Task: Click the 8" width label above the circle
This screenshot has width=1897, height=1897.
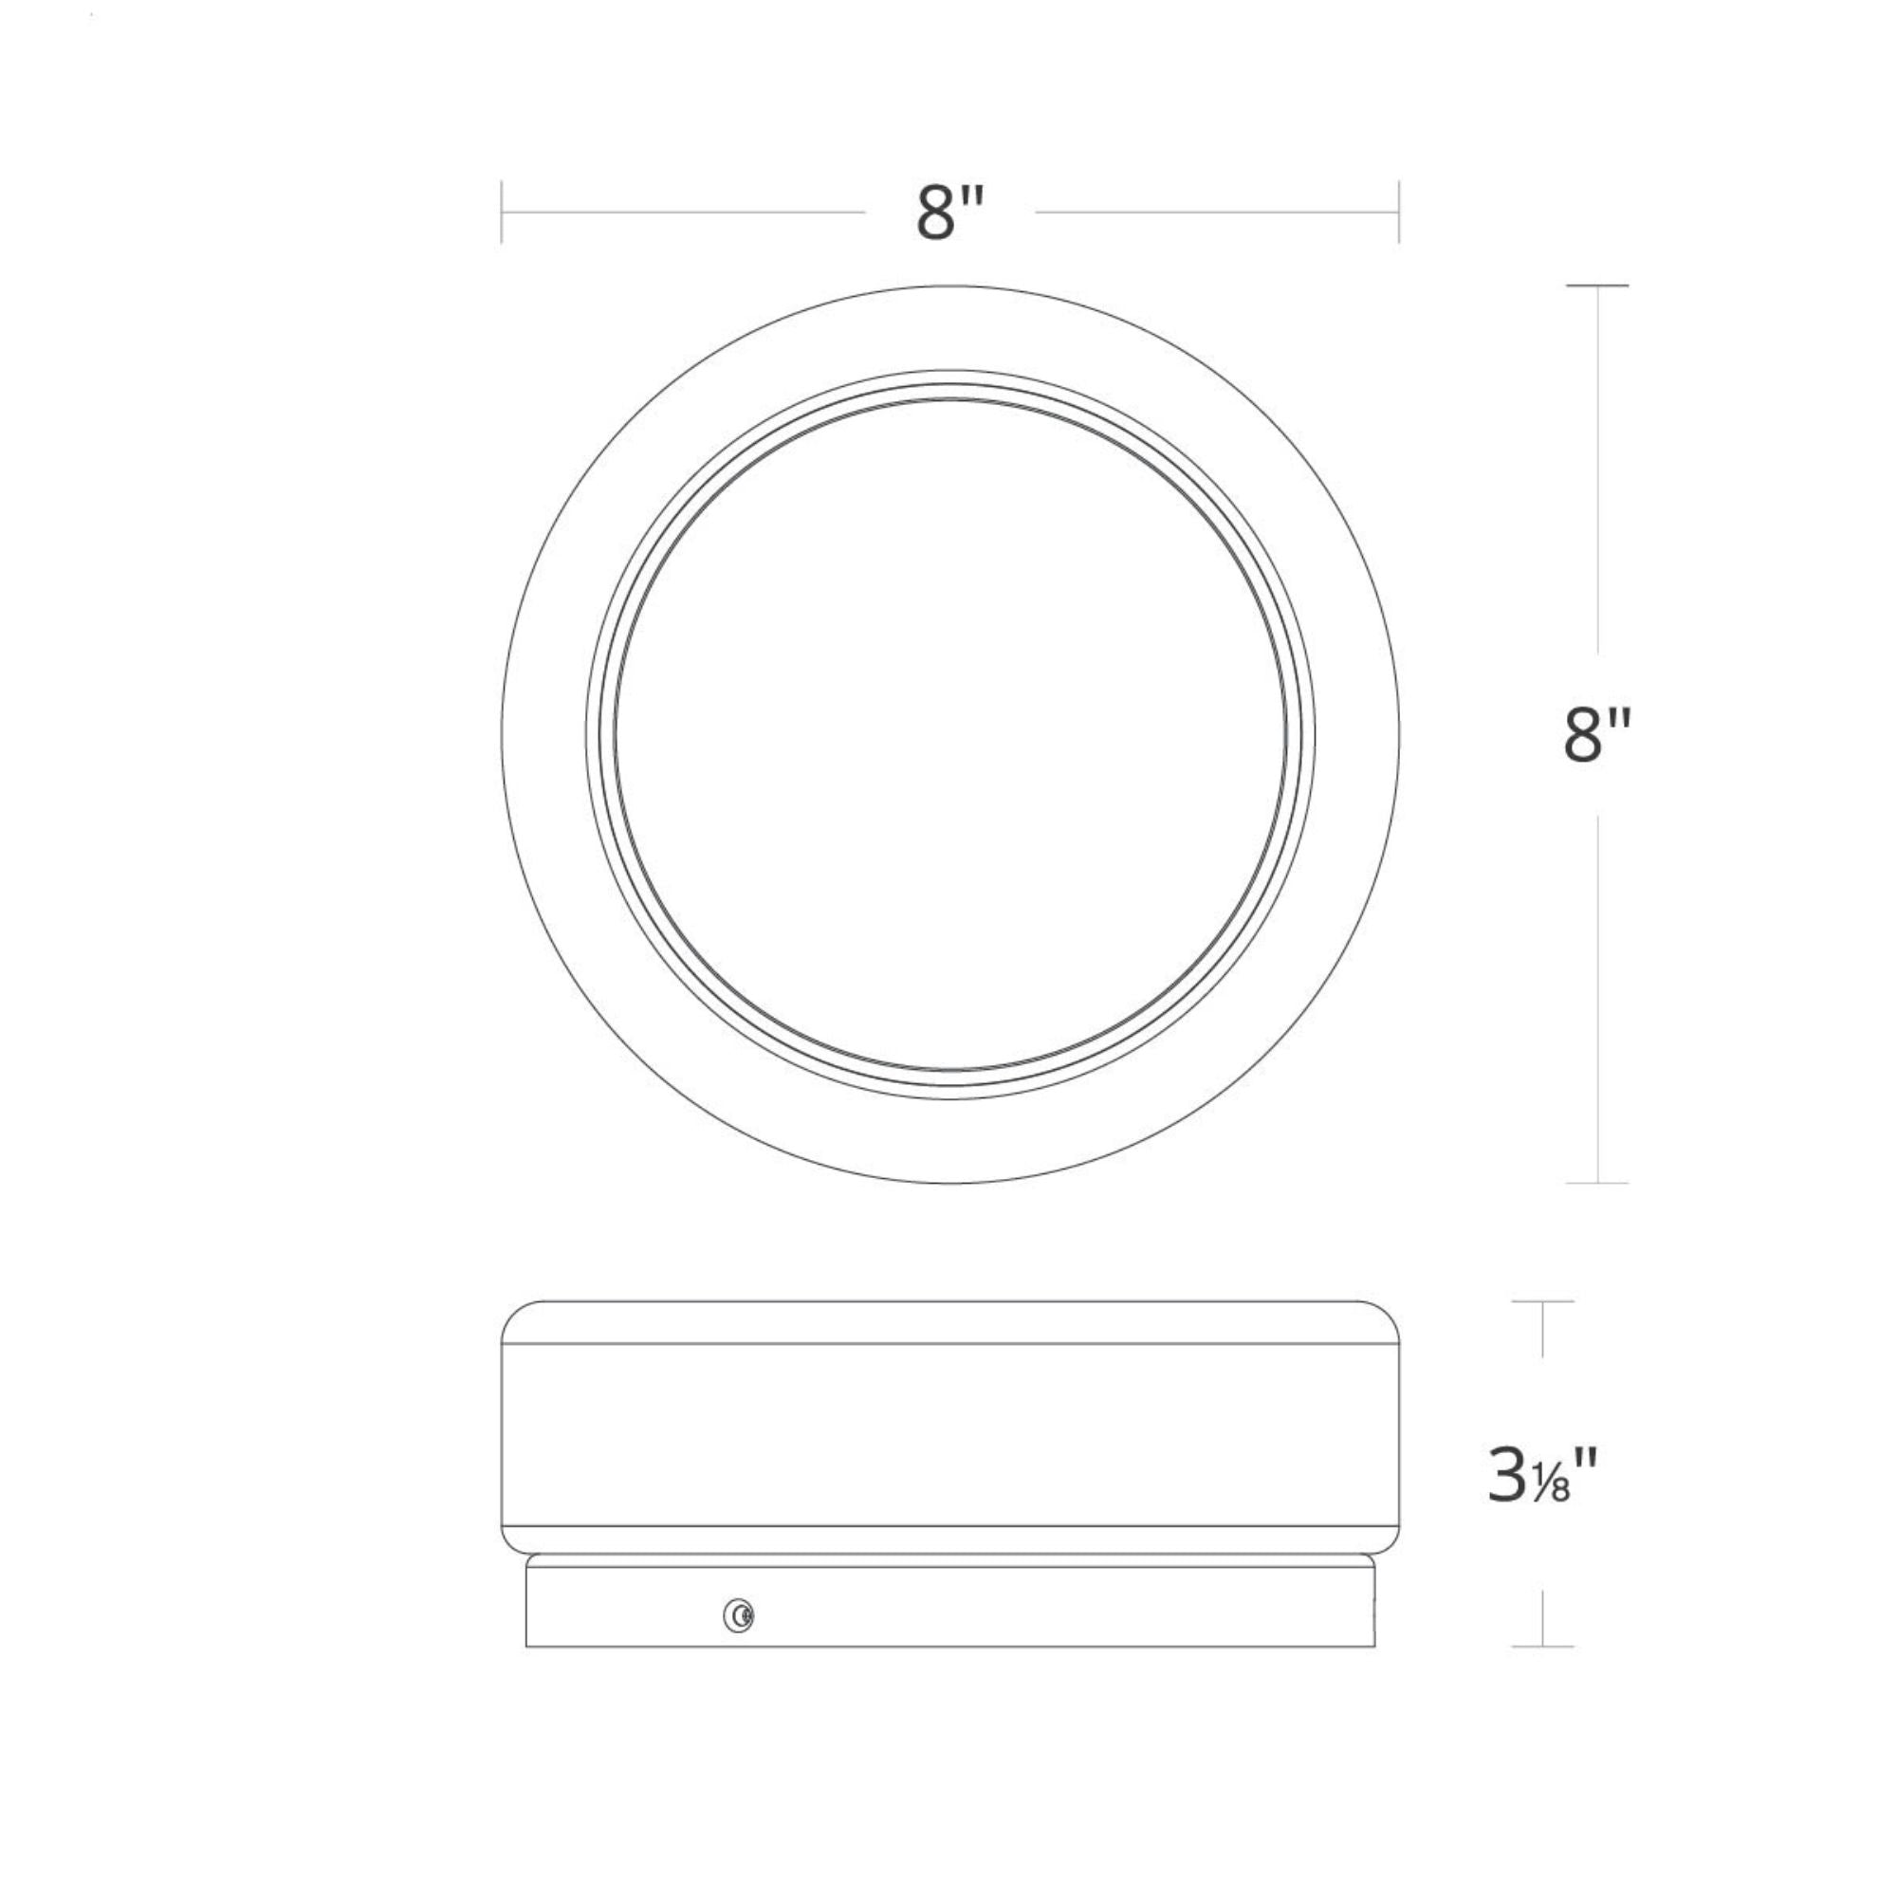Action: point(949,213)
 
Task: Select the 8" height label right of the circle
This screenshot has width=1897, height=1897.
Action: point(1597,734)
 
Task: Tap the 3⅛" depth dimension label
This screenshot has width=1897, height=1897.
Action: point(1543,1502)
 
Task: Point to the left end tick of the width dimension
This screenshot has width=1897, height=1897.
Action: point(502,212)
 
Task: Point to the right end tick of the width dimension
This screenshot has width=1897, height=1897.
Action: point(1398,212)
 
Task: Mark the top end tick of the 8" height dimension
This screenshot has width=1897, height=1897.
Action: point(1597,285)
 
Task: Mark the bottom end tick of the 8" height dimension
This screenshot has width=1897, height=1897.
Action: point(1597,1183)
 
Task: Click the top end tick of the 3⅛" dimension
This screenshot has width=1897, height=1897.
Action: point(1542,1302)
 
